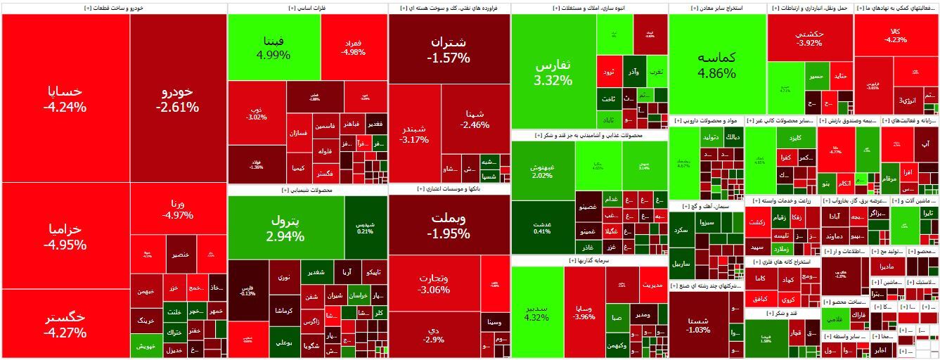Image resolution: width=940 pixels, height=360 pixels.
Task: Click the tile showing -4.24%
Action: click(65, 98)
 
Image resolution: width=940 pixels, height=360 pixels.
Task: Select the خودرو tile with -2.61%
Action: click(177, 98)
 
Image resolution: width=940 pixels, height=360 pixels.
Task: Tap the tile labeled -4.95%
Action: click(65, 236)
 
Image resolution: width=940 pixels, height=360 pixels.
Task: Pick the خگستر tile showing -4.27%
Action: click(65, 324)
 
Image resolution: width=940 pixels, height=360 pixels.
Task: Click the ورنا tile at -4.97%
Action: click(177, 209)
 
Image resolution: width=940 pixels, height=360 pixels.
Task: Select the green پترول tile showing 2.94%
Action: click(285, 227)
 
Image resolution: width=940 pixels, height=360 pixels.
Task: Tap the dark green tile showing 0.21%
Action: click(366, 227)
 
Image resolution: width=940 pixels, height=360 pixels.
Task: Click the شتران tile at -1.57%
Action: click(449, 49)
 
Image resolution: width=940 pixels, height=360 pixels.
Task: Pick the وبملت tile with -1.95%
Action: click(449, 224)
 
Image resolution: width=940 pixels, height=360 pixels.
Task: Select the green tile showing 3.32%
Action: click(553, 71)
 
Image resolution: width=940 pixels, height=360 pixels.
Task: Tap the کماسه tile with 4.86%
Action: click(716, 64)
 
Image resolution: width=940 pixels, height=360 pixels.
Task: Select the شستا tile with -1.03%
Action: click(698, 325)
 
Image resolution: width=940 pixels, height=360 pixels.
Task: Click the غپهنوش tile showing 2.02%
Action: click(542, 169)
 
